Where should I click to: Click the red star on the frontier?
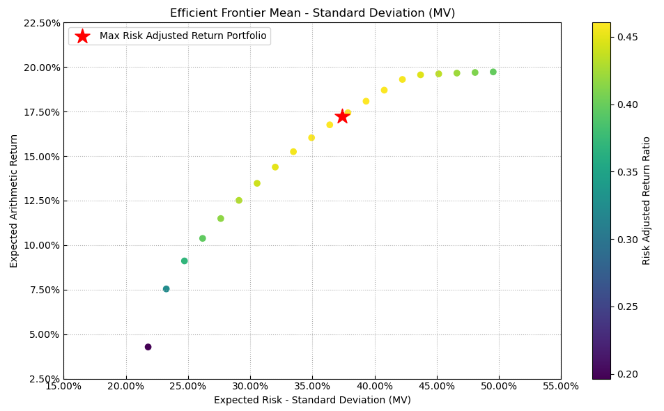click(x=342, y=116)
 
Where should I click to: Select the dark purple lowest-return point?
click(x=148, y=347)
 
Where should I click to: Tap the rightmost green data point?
click(x=493, y=72)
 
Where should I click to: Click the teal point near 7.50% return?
click(x=166, y=289)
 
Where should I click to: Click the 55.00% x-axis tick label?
click(x=561, y=387)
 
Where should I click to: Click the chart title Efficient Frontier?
click(x=312, y=13)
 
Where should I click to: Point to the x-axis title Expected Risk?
click(x=312, y=401)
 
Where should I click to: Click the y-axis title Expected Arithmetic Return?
click(x=14, y=201)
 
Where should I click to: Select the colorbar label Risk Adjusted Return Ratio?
click(x=647, y=201)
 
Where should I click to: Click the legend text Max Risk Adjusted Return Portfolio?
click(x=183, y=36)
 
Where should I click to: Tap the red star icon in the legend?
click(x=82, y=36)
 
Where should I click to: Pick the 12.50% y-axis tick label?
click(x=41, y=201)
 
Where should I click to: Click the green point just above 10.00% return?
click(x=203, y=238)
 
